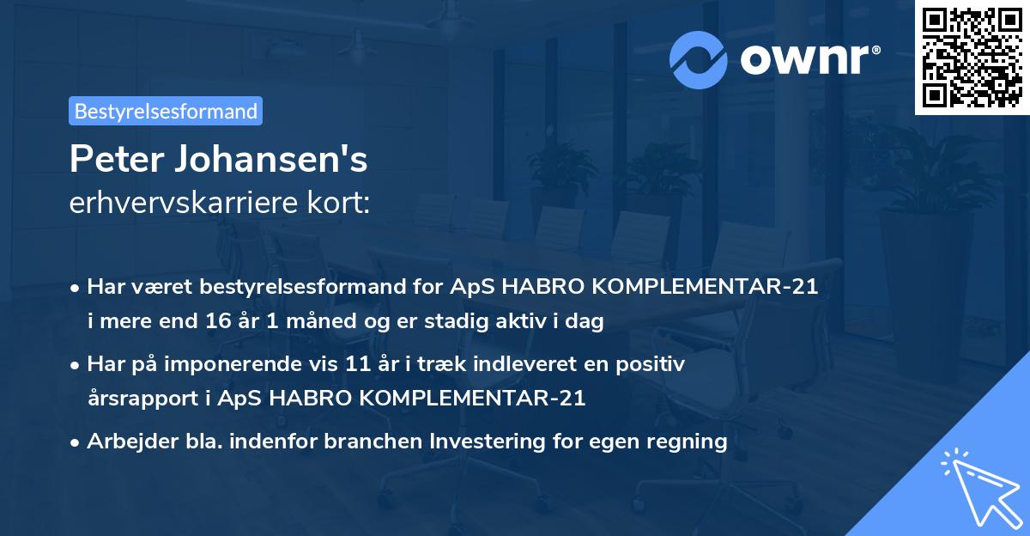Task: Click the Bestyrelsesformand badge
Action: tap(166, 111)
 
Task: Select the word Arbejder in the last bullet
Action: tap(126, 442)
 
